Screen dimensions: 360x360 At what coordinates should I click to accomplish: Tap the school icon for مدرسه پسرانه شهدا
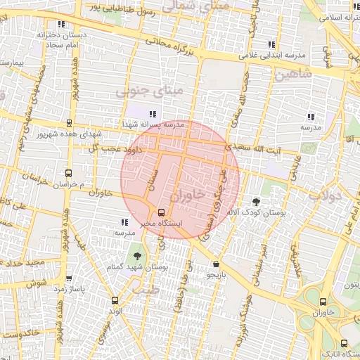153,114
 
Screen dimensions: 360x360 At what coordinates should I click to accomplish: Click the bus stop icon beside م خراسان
68,173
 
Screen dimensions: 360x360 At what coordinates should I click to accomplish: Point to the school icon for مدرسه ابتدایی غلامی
271,44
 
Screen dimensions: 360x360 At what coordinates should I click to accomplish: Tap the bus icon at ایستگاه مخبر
162,212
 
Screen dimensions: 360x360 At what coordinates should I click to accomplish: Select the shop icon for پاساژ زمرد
68,279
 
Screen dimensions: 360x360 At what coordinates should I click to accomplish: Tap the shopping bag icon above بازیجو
215,264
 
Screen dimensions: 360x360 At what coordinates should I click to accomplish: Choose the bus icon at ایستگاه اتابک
343,343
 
